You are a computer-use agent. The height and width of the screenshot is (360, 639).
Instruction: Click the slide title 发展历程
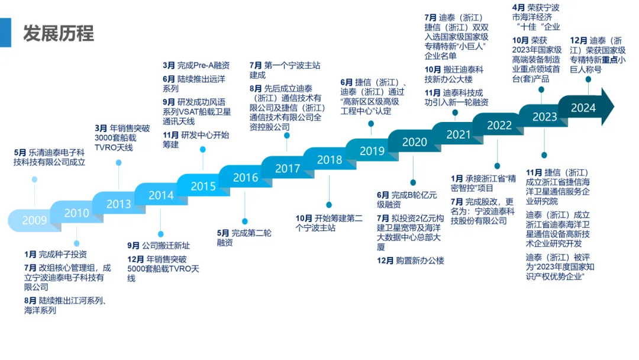coord(59,33)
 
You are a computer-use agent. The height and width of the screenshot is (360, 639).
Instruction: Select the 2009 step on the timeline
coord(34,221)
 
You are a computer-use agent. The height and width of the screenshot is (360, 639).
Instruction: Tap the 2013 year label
coord(118,204)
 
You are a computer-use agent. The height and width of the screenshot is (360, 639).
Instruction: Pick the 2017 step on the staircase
coord(288,169)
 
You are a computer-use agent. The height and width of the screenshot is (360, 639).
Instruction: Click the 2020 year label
coord(414,142)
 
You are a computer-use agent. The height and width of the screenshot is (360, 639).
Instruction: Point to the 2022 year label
coord(499,126)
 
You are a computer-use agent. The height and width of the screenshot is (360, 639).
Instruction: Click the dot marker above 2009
coord(35,179)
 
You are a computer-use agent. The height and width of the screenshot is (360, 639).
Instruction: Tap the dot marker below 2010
coord(76,243)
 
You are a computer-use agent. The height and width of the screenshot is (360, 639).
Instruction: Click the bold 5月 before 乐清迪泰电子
coord(20,152)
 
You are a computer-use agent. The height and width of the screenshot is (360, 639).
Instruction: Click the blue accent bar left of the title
coord(5,33)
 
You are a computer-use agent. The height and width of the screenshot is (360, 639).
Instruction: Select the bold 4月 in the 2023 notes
coord(518,8)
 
